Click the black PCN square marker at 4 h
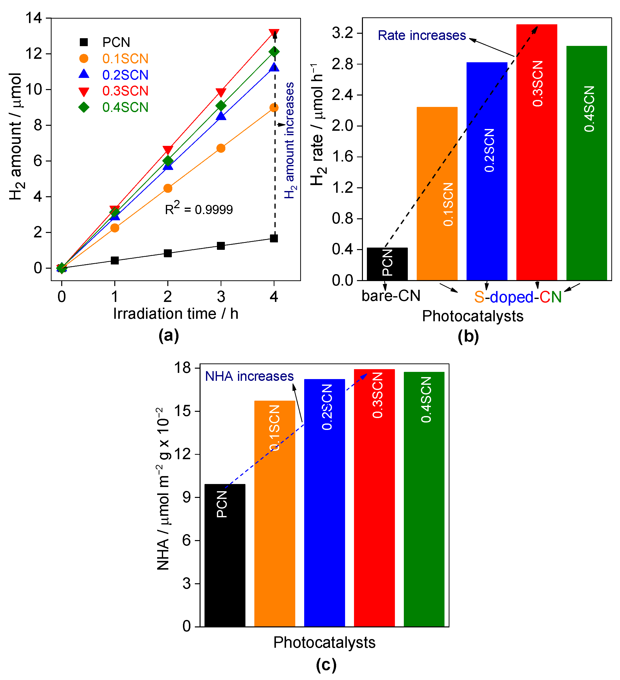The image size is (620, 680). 274,238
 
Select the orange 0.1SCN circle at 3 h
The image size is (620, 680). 221,148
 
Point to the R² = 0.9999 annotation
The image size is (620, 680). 199,209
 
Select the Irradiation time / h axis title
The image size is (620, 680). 176,314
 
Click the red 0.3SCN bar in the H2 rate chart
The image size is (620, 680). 536,152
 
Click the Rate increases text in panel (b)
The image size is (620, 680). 421,35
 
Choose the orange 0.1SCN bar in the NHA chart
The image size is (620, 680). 274,513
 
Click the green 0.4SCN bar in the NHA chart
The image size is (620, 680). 424,499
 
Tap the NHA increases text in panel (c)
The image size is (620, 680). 249,376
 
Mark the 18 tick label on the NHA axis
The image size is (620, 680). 182,367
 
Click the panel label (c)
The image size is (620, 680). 326,664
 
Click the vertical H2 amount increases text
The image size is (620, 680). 289,140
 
